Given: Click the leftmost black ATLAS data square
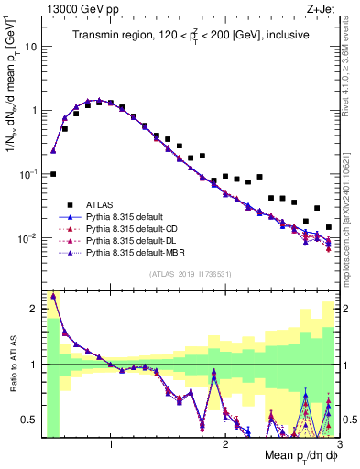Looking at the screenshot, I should coord(53,173).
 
